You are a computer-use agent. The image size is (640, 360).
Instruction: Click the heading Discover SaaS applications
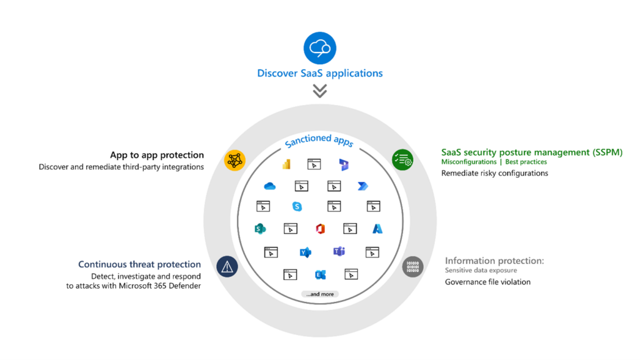coord(319,73)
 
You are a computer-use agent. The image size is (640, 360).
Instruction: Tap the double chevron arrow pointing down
coord(319,91)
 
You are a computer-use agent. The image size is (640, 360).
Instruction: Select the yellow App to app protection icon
coord(235,161)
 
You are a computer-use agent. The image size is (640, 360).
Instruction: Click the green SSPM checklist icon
coord(402,160)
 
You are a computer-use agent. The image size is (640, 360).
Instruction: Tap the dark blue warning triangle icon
coord(227,267)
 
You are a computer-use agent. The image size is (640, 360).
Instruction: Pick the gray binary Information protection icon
coord(412,267)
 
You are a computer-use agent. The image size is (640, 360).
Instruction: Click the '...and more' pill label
coord(319,294)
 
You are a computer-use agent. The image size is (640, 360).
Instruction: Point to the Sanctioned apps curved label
coord(319,141)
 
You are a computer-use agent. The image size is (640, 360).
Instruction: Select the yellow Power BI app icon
coord(286,164)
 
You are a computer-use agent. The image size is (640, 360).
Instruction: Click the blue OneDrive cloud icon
coord(270,186)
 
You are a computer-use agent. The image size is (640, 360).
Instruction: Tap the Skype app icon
coord(297,206)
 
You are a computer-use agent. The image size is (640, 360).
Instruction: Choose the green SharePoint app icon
coord(260,229)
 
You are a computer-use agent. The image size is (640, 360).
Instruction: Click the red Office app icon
coord(321,229)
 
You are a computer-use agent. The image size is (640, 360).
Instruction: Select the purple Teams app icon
coord(339,252)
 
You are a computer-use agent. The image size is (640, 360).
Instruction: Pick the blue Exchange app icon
coord(321,274)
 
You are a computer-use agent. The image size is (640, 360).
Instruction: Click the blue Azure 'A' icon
coord(377,229)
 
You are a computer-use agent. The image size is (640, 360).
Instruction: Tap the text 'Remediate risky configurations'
coord(494,173)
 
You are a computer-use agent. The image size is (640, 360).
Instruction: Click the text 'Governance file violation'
coord(487,282)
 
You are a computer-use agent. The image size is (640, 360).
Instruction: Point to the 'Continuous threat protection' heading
coord(139,264)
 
